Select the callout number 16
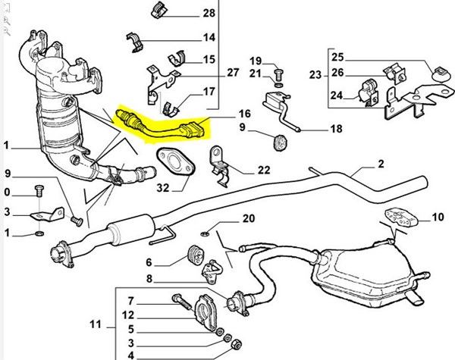tap(243, 114)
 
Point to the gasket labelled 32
tap(173, 161)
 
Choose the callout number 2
tap(381, 164)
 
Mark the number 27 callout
tap(232, 72)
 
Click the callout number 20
tap(247, 219)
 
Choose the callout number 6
tap(151, 263)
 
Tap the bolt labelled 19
tap(278, 74)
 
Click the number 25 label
tap(337, 57)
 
